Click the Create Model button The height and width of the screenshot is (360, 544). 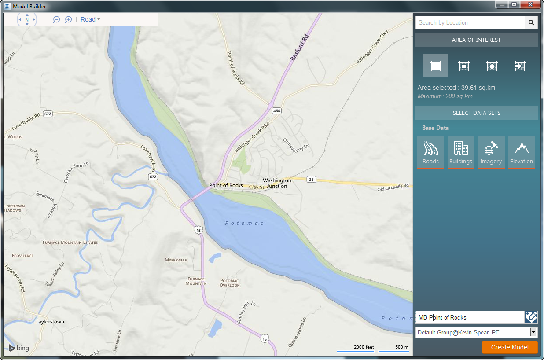510,347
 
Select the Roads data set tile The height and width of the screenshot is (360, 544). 430,152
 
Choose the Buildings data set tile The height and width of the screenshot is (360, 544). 461,152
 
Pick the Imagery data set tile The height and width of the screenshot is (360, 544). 491,152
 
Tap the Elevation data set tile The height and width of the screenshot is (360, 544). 522,152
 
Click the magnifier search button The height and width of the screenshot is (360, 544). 531,22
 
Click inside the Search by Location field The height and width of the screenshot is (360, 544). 470,22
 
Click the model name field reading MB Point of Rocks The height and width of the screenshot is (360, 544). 469,317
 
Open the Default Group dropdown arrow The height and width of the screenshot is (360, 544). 533,332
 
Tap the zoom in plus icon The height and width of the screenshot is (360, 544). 68,19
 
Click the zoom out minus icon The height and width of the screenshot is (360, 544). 56,19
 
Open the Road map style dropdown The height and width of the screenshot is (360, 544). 90,19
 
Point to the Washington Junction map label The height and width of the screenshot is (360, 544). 277,183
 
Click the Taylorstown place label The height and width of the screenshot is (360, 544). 50,322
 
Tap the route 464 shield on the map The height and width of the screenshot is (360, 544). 276,110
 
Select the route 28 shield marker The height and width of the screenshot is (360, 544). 312,179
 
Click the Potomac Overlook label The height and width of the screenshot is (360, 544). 229,283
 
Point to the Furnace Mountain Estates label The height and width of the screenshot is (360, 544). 70,242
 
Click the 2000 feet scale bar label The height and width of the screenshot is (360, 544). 364,347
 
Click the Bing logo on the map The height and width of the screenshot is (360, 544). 18,348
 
